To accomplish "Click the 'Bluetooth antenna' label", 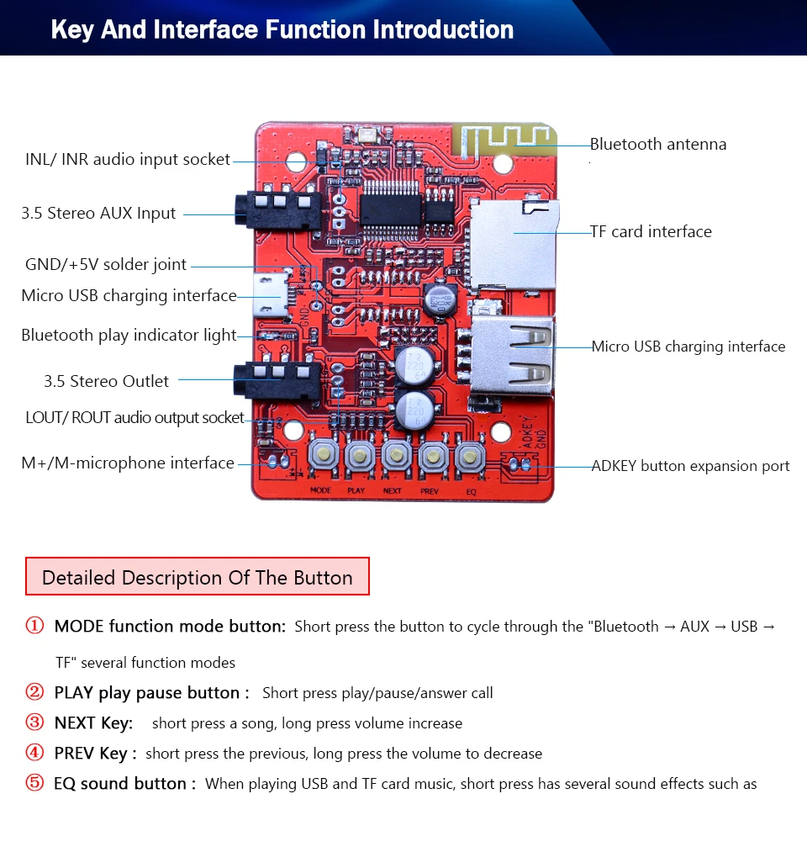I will [x=657, y=145].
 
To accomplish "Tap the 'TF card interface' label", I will [x=651, y=231].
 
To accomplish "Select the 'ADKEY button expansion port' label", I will [x=690, y=466].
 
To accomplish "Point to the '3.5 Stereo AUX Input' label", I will [x=98, y=214].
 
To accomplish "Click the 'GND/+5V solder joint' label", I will [x=106, y=265].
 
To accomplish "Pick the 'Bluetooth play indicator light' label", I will [x=129, y=336].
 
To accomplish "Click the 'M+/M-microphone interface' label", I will [x=128, y=463].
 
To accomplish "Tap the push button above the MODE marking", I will [x=321, y=457].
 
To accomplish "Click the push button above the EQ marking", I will [x=469, y=458].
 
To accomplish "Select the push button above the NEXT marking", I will [x=395, y=457].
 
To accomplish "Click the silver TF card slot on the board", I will [x=513, y=244].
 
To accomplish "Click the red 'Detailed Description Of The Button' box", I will [x=198, y=578].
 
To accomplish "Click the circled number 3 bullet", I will [x=34, y=723].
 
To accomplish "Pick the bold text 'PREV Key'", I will [x=91, y=754].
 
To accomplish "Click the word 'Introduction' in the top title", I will [x=443, y=30].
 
